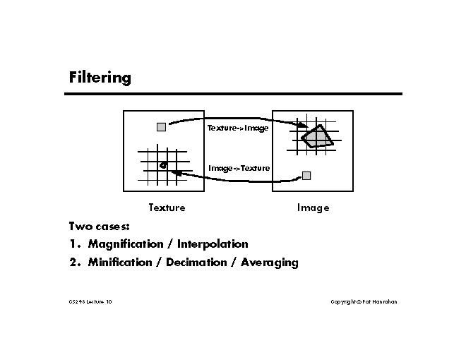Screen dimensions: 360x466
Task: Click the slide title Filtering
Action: coord(100,77)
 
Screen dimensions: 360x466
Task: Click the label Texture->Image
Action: coord(237,128)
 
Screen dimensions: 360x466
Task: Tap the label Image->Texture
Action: coord(239,168)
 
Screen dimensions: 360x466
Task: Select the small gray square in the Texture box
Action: coord(161,127)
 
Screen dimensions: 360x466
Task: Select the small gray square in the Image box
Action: coord(306,175)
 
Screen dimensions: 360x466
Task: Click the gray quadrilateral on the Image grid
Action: coord(316,137)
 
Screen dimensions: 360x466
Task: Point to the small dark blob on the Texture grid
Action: coord(163,165)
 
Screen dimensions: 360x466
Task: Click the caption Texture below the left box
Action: coord(167,208)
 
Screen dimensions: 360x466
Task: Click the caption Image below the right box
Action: coord(313,208)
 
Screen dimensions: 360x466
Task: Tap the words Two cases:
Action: coord(99,227)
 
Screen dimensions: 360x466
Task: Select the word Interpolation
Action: coord(213,244)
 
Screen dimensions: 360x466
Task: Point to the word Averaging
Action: coord(270,263)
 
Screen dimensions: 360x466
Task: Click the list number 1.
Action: coord(73,244)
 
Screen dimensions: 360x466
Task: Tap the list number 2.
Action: coord(73,263)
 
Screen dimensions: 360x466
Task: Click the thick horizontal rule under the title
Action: coord(235,94)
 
